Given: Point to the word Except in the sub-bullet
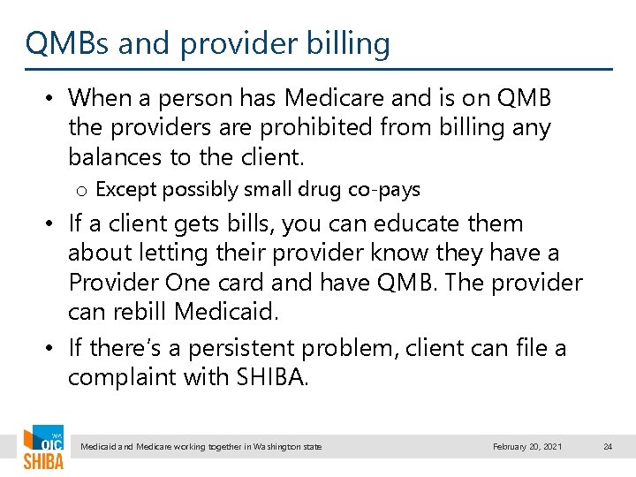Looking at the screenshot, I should click(x=122, y=190).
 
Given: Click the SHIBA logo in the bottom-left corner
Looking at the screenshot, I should click(x=43, y=448).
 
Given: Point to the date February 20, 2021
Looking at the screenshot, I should click(x=526, y=447).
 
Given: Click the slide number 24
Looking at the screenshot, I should click(x=607, y=447).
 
